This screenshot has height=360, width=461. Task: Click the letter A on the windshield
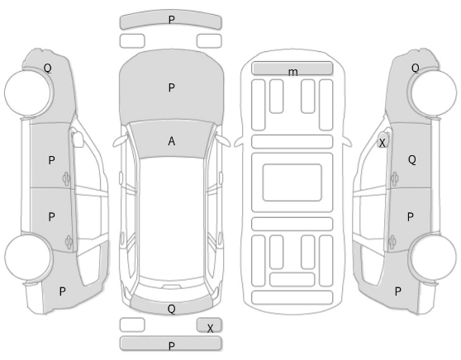(x=172, y=141)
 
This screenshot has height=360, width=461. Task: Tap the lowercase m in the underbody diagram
(x=292, y=72)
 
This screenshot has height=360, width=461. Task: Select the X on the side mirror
(x=382, y=143)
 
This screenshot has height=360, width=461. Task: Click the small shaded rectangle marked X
(x=209, y=325)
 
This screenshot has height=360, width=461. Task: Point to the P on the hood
(x=172, y=88)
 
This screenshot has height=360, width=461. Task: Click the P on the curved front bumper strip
(x=172, y=20)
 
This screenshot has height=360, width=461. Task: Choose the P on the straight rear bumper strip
(x=172, y=346)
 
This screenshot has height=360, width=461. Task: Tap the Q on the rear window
(x=171, y=309)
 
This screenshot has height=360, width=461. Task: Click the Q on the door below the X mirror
(x=412, y=160)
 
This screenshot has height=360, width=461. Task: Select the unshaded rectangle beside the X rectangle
(x=132, y=325)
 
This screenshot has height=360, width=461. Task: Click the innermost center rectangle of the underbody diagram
(x=292, y=182)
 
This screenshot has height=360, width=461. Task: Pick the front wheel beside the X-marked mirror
(x=434, y=92)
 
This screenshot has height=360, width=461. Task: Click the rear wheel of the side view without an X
(x=28, y=257)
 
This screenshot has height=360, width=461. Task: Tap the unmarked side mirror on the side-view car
(x=78, y=139)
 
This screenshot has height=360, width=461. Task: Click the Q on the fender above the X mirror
(x=415, y=69)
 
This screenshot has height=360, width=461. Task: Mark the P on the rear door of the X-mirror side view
(x=411, y=217)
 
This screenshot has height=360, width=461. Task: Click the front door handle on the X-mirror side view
(x=394, y=178)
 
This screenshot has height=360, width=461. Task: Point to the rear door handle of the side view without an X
(x=69, y=242)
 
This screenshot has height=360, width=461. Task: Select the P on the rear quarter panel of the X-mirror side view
(x=397, y=291)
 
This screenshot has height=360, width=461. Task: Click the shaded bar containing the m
(x=292, y=69)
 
